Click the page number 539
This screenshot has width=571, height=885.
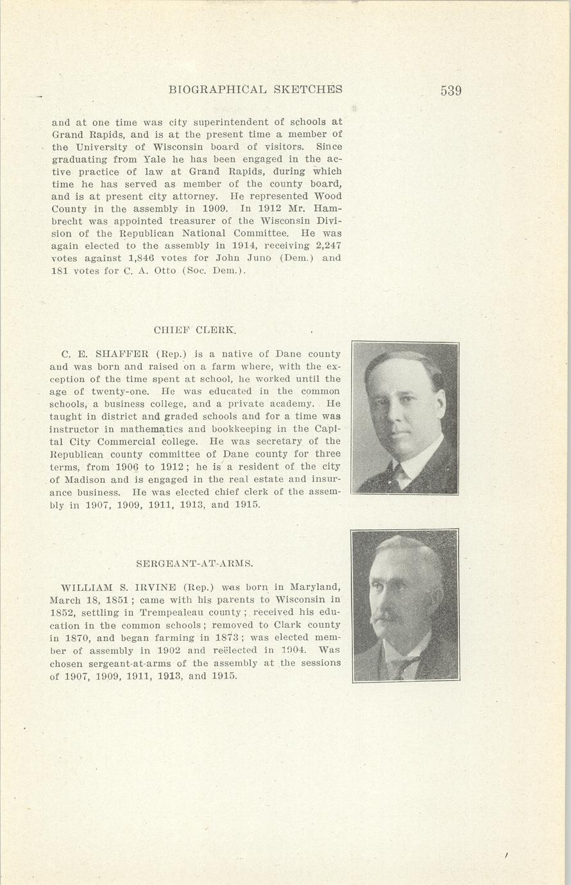(x=451, y=90)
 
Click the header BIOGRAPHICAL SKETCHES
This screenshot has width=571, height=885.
(x=255, y=90)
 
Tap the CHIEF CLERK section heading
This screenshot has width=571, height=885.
(x=195, y=331)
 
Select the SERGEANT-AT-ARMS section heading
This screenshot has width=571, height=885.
(x=195, y=564)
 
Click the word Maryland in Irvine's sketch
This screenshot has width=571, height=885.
(x=314, y=587)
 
